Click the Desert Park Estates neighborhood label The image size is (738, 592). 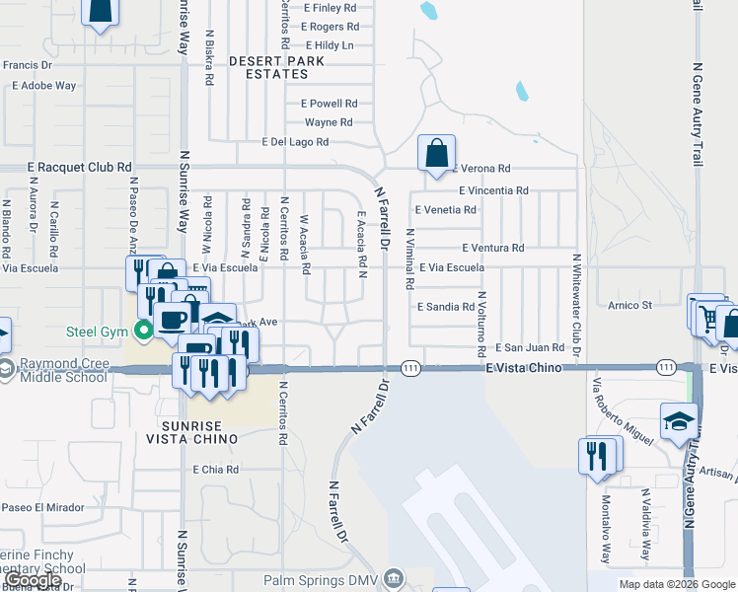269,67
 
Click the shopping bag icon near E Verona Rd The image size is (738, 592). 436,154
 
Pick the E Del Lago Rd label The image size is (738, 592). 295,142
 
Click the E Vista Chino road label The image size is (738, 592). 524,367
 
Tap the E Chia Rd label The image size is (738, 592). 216,470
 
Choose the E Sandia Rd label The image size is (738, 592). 445,307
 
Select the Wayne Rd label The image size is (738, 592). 329,122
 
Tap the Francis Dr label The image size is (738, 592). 27,65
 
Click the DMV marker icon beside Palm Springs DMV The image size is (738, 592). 394,577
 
